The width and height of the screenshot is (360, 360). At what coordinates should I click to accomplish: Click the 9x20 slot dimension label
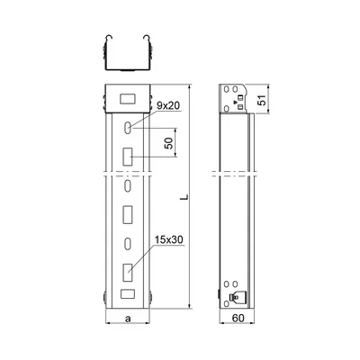point(168,105)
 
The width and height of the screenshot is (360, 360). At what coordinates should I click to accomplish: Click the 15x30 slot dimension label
point(169,239)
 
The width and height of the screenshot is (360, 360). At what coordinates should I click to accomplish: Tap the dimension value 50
point(169,143)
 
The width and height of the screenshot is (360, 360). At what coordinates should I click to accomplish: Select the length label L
point(185,197)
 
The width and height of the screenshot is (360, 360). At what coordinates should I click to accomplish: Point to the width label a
point(128,319)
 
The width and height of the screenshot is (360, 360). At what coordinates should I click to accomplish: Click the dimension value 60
point(238,319)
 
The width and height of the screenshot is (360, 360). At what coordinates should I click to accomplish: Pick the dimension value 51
point(262,100)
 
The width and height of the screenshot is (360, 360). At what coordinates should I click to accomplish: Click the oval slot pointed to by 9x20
point(128,128)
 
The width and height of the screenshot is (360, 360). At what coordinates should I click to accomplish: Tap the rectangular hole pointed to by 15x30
point(128,273)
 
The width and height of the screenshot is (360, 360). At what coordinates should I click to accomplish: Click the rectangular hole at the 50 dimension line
point(128,157)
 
